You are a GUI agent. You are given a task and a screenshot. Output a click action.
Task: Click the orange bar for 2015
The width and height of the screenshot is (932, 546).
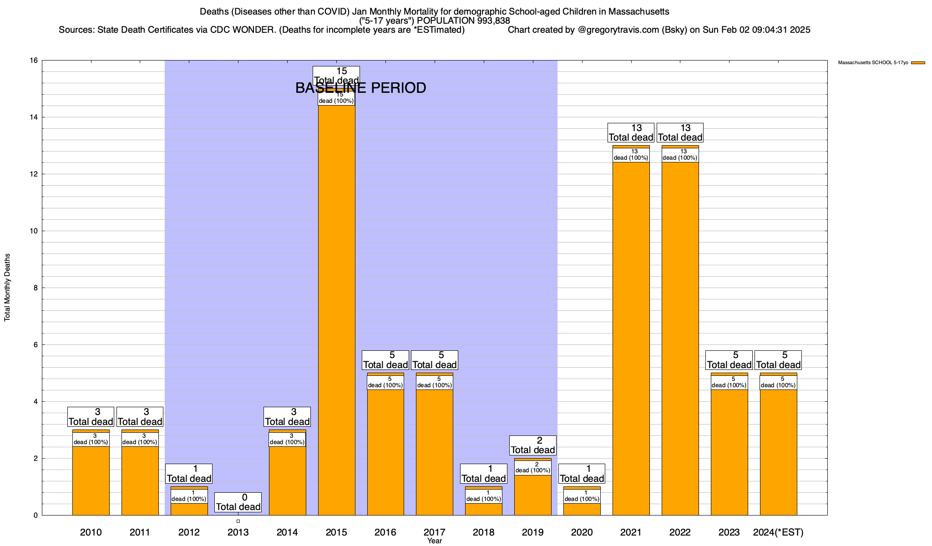336,309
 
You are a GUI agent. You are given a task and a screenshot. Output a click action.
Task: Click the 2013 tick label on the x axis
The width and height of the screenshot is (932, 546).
238,532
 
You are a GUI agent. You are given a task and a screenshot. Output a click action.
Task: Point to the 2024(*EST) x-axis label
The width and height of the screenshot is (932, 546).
778,532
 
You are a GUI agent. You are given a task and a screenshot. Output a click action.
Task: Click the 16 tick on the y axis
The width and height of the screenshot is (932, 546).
33,61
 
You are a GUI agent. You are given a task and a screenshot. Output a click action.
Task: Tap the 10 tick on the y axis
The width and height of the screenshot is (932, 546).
33,231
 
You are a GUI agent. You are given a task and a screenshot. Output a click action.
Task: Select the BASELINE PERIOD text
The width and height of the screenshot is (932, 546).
360,88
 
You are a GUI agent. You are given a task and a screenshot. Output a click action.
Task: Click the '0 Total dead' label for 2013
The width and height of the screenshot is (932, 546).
238,502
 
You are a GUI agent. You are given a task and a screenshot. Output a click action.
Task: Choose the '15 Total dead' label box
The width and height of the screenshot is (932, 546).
336,76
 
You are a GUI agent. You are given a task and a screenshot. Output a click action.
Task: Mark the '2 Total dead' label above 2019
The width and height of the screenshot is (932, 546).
532,445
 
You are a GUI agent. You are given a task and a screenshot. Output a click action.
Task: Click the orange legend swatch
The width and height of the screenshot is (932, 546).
918,63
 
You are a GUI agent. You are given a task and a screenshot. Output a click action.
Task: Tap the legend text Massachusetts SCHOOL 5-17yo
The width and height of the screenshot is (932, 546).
873,63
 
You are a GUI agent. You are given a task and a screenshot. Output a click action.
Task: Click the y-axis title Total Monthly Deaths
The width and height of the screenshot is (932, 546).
7,288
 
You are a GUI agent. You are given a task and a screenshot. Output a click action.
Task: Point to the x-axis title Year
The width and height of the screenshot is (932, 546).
435,541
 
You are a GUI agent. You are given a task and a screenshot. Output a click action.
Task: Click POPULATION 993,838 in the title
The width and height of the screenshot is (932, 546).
463,21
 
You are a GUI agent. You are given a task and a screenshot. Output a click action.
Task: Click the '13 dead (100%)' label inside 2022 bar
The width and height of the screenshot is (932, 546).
680,155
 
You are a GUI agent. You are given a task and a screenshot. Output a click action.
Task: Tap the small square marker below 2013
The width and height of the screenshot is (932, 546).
238,521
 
